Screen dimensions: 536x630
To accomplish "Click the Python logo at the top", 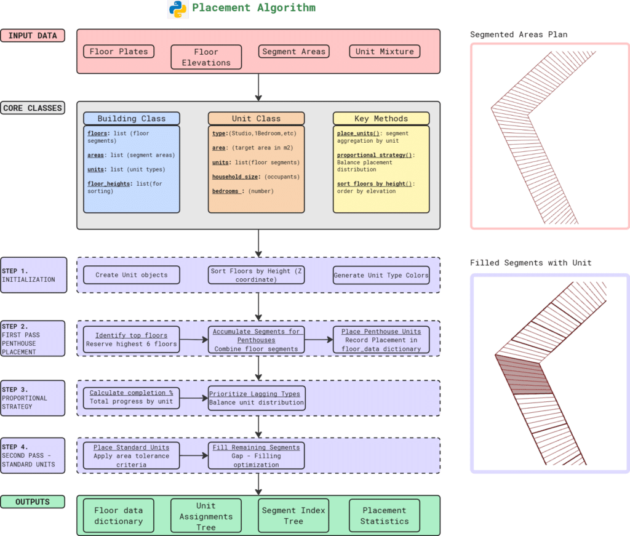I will [x=177, y=9].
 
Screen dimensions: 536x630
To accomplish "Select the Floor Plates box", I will [x=119, y=52].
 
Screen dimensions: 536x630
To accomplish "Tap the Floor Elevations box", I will [x=206, y=57].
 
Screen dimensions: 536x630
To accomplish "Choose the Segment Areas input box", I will [x=293, y=52].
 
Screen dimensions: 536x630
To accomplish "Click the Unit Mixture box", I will [x=385, y=52].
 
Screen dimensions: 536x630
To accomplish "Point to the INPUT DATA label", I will [x=33, y=36].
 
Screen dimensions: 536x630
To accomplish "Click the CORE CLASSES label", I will [x=33, y=108].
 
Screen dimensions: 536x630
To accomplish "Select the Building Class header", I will [x=131, y=118].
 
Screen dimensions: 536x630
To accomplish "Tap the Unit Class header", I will [x=256, y=118].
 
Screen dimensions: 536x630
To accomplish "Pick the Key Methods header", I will [x=381, y=118].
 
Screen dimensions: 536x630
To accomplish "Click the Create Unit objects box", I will [x=131, y=275].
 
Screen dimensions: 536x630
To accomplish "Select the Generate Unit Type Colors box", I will [x=381, y=275].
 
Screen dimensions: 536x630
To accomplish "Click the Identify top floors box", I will [x=132, y=340].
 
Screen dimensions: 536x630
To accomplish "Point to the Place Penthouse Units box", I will [x=381, y=340].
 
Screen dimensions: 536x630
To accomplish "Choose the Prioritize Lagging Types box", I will [x=257, y=398].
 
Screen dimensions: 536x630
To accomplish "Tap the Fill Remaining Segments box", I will [x=257, y=456].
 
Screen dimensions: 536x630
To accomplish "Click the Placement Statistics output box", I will [x=385, y=516].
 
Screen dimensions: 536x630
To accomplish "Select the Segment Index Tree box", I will [x=293, y=516].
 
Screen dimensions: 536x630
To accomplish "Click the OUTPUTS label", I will [x=33, y=502].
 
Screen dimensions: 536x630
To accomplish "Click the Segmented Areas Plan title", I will [x=519, y=34].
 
